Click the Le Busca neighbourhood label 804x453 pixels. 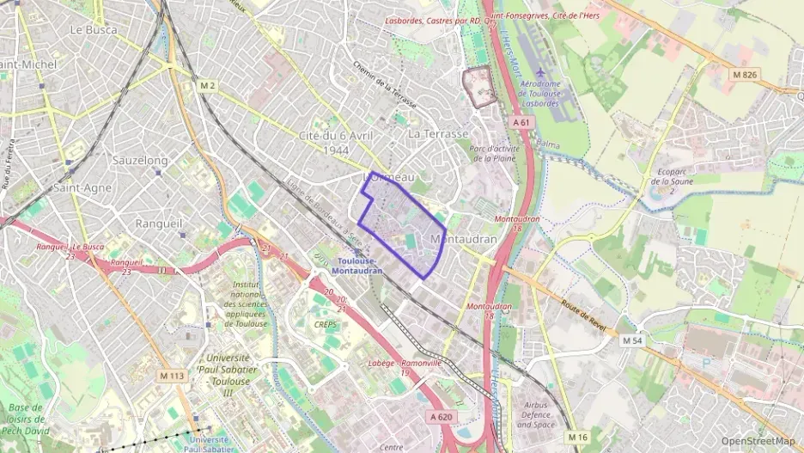coord(93,29)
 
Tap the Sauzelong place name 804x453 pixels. coord(140,161)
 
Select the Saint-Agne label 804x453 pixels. coord(82,187)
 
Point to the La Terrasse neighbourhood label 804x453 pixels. coord(438,134)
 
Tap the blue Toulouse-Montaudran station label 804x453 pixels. coord(359,266)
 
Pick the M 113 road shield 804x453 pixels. coord(172,376)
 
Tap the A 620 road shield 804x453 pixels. coord(440,417)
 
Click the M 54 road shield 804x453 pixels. coord(631,341)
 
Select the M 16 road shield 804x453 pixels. coord(578,437)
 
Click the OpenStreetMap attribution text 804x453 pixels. coord(758,441)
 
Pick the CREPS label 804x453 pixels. coord(326,324)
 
